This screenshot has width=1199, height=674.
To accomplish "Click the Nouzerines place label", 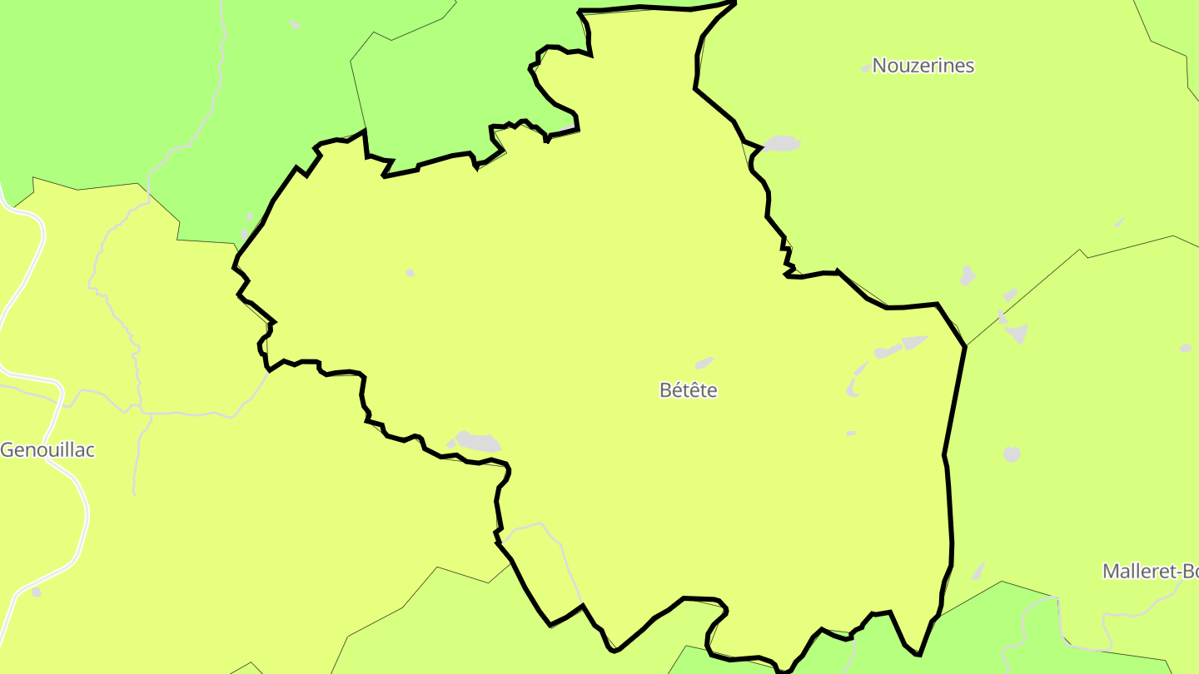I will [923, 66].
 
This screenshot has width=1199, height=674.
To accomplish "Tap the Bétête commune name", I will [688, 390].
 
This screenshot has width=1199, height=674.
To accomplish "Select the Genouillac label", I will [47, 450].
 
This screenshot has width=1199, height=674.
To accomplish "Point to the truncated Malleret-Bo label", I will [1150, 572].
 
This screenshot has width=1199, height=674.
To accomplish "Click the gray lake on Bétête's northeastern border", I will [782, 144].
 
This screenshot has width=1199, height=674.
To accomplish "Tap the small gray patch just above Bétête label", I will [704, 363].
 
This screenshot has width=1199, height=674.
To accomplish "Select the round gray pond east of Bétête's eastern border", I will [1012, 454].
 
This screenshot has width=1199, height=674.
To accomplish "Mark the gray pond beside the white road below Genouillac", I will [36, 592].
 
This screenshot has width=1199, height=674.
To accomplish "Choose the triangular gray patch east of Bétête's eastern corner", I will [1017, 334].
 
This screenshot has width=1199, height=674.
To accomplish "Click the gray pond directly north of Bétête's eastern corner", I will [967, 275].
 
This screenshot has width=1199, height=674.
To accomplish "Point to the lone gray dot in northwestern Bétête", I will [410, 273].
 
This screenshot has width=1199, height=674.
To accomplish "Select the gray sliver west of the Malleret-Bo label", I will [978, 571].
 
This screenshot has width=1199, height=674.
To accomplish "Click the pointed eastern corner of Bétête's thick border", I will [965, 346].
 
